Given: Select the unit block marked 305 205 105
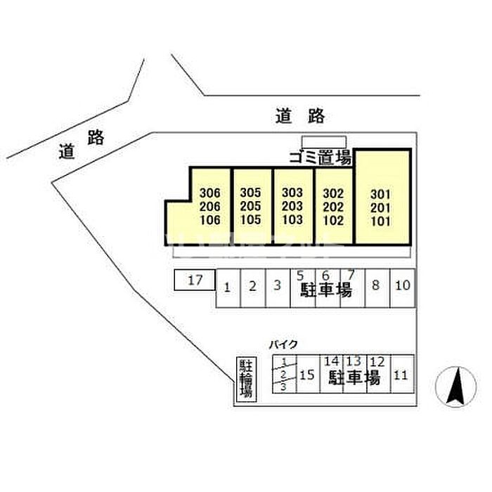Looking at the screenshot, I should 251,206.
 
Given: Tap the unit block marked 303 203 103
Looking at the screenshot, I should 292,206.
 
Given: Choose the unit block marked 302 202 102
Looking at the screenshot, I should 333,206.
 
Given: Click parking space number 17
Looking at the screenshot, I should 195,280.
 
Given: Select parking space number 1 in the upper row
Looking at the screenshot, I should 228,287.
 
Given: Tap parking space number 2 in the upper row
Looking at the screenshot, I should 253,287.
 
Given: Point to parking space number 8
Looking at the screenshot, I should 377,286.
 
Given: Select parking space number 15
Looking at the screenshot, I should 307,376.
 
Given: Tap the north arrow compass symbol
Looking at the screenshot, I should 456,387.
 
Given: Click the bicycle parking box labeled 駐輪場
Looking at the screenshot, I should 246,379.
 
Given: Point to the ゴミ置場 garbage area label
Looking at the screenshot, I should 321,158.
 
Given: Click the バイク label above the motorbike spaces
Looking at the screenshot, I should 283,344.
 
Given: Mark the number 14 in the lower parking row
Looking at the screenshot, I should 332,360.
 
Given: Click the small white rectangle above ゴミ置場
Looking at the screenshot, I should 323,141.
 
